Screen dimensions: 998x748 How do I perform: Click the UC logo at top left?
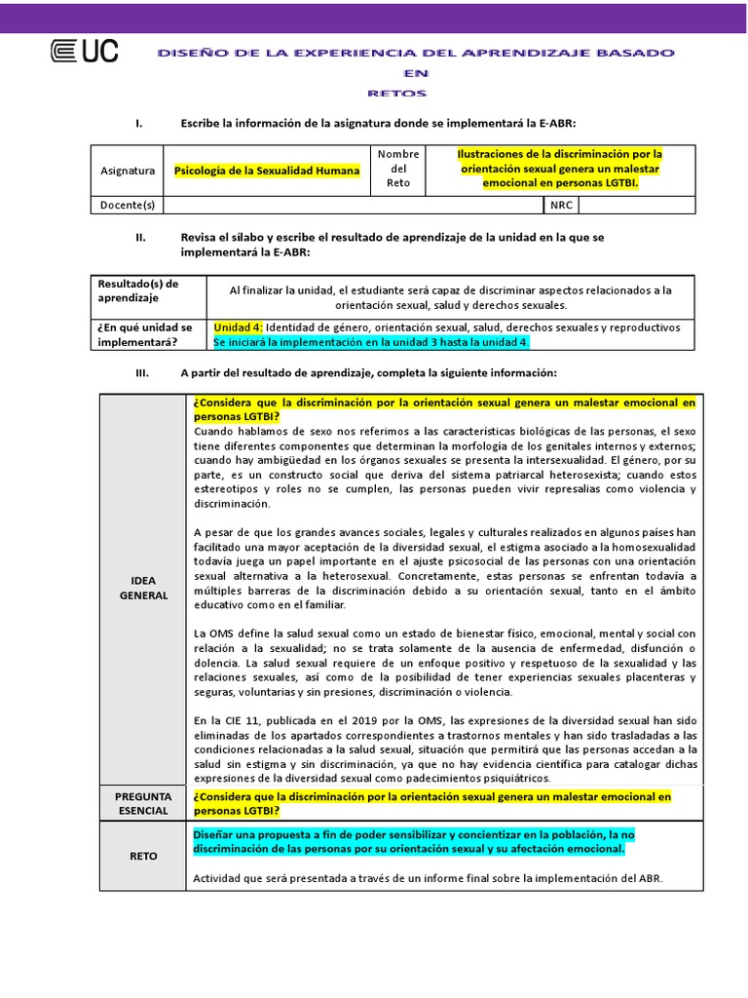(x=84, y=51)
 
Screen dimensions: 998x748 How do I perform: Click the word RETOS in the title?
(x=397, y=94)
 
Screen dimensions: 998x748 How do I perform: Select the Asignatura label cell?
(x=128, y=171)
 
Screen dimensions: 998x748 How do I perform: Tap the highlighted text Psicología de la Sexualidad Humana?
(x=267, y=171)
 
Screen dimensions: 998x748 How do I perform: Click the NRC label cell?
(x=561, y=205)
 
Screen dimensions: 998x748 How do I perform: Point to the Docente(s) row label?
(x=128, y=205)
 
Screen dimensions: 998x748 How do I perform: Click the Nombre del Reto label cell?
(x=398, y=170)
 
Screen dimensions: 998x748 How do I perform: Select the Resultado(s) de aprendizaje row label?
(x=137, y=290)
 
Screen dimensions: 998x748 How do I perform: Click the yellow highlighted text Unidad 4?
(x=238, y=326)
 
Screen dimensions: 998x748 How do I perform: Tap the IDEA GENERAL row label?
(x=144, y=588)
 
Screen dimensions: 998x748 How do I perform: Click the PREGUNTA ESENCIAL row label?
(x=144, y=803)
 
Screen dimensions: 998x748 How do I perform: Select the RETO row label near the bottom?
(x=144, y=856)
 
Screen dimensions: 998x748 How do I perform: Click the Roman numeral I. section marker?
(x=139, y=123)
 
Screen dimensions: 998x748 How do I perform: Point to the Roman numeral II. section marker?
(x=140, y=238)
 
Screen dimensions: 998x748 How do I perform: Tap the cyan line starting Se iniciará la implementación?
(x=371, y=342)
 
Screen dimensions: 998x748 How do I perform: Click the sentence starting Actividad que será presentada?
(x=428, y=878)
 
